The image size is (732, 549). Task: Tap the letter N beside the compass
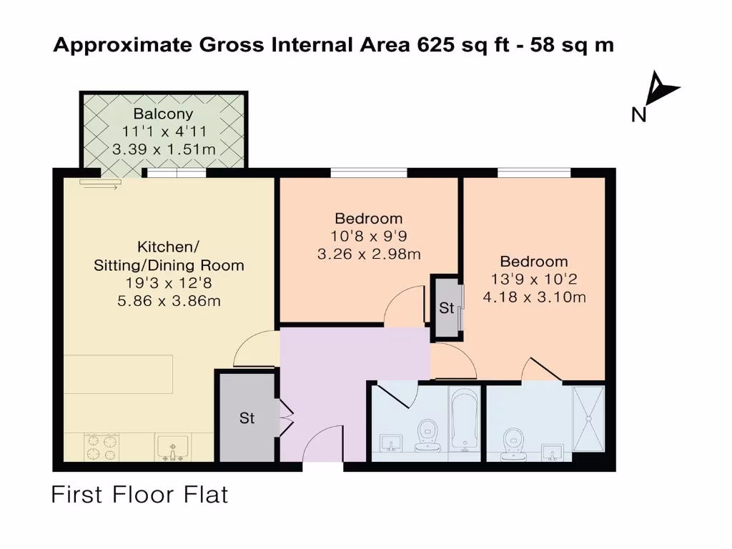coord(638,114)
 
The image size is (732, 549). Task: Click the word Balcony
coord(163,114)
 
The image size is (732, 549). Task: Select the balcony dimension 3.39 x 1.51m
coord(164,149)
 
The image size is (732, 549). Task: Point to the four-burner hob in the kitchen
coord(101,447)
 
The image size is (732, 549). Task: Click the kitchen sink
coord(172,448)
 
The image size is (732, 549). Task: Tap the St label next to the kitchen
coord(247,418)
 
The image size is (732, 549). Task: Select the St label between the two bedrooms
coord(447,309)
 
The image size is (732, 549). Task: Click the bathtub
coord(465,421)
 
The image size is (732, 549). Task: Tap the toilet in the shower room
coord(513,442)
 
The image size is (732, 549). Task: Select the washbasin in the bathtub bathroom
coord(390,443)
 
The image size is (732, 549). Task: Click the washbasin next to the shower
coord(552,452)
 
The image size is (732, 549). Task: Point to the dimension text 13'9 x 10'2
coord(534,280)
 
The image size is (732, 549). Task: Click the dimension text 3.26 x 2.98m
coord(368,254)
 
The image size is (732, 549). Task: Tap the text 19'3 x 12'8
coord(169,284)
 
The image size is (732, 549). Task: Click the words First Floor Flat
coord(139,495)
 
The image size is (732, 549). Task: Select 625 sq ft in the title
coord(455,45)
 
